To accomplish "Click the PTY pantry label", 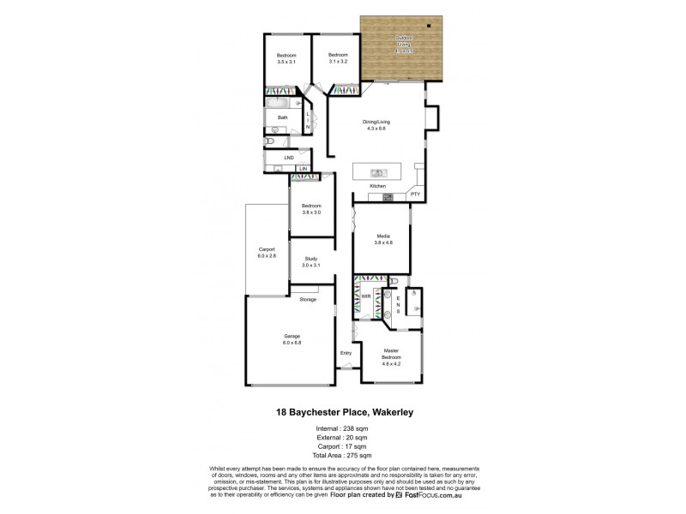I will pyautogui.click(x=415, y=194).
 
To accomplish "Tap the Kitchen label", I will pyautogui.click(x=377, y=186).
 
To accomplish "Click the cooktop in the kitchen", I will pyautogui.click(x=388, y=198).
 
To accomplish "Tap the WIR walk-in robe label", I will pyautogui.click(x=365, y=296).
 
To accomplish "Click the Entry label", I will pyautogui.click(x=346, y=353).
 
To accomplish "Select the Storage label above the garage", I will pyautogui.click(x=308, y=299).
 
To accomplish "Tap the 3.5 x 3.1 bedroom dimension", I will pyautogui.click(x=286, y=63).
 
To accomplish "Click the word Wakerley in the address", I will pyautogui.click(x=392, y=412).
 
